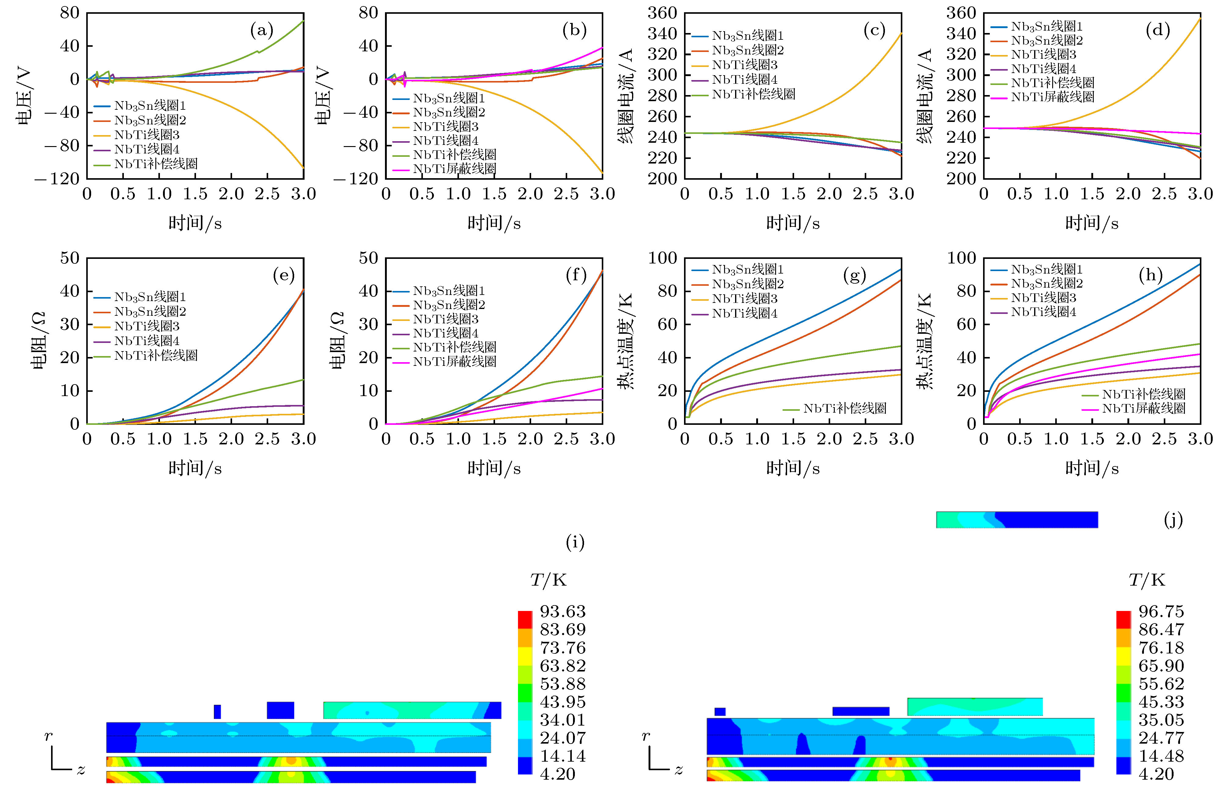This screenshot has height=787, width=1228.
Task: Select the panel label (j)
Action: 1173,520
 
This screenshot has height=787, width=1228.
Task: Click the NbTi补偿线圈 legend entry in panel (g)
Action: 844,408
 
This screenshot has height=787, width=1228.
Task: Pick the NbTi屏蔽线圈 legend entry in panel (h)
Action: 1143,408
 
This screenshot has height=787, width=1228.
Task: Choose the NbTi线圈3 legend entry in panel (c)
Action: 744,65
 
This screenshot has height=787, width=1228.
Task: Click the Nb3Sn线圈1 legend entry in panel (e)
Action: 149,297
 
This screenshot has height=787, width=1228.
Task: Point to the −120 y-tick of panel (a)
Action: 57,179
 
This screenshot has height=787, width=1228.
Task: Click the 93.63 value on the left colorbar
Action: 562,612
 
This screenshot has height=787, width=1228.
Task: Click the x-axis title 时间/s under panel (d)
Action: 1092,223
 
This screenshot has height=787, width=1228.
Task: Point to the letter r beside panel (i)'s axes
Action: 48,736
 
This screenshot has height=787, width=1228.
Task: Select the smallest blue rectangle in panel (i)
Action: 217,712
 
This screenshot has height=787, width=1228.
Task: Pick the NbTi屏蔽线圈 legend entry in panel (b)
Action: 454,169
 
